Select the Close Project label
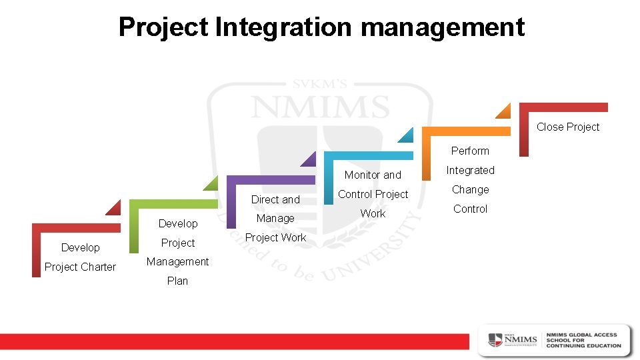tap(568, 127)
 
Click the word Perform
tap(470, 151)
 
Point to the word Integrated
tap(470, 170)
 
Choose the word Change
tap(470, 189)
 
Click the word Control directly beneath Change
tap(470, 209)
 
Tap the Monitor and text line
tap(373, 175)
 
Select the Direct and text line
tap(275, 199)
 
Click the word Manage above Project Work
tap(275, 218)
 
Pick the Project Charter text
tap(80, 267)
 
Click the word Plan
tap(177, 281)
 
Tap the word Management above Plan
tap(177, 261)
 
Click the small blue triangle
tap(407, 136)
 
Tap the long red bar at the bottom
tap(233, 340)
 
